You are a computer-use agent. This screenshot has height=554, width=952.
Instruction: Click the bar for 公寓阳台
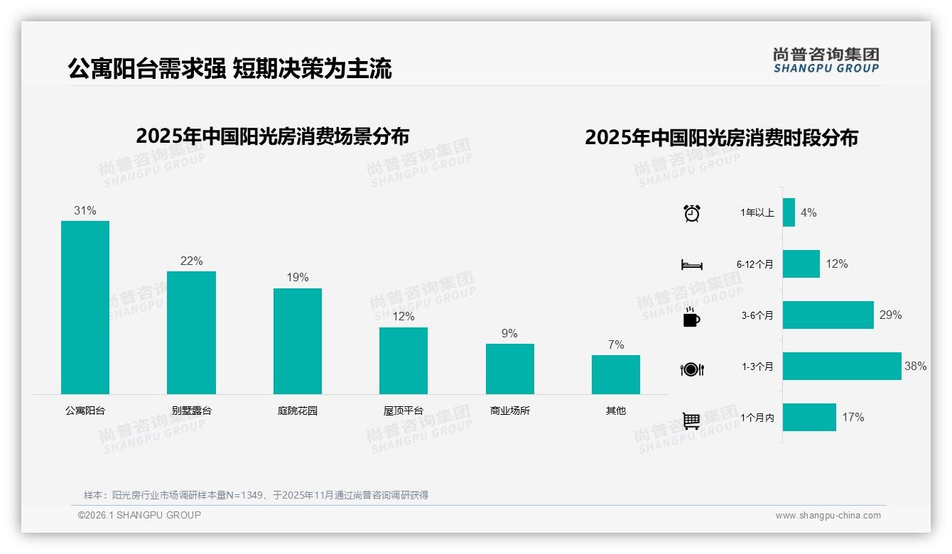point(85,308)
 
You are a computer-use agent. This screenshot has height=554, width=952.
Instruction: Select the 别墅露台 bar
point(191,332)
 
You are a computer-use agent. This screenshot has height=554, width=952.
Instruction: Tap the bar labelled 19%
point(298,341)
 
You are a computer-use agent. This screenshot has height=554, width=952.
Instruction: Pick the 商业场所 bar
point(509,369)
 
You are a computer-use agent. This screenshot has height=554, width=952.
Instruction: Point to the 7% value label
point(616,345)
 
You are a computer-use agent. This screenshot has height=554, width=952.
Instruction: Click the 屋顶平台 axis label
point(404,411)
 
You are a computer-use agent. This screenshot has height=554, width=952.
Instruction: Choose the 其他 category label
point(616,411)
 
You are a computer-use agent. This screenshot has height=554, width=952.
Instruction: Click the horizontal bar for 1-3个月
point(842,366)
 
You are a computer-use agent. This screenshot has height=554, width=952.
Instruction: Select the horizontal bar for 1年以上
point(789,212)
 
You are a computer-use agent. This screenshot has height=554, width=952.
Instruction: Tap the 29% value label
point(890,315)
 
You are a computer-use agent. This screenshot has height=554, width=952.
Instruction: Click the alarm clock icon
point(692,213)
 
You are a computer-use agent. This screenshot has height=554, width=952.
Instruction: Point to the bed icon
point(692,265)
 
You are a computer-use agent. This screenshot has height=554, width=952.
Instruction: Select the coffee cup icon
point(691,317)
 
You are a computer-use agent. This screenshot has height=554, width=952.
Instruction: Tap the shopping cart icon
point(691,420)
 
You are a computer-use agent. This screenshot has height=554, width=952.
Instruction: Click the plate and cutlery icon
point(692,369)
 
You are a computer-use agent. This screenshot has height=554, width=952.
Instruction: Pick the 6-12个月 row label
point(754,264)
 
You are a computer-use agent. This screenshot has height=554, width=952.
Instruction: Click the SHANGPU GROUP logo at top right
point(826,60)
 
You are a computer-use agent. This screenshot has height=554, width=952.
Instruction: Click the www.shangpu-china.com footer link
point(828,516)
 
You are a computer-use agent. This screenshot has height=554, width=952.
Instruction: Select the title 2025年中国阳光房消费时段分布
point(721,137)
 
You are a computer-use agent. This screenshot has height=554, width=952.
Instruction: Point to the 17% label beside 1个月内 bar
point(853,418)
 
